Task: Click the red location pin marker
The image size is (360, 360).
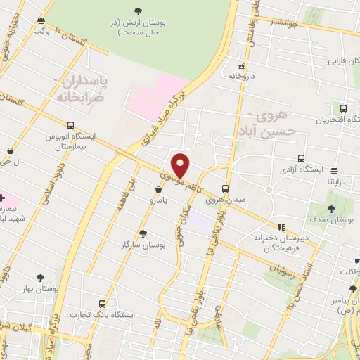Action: pyautogui.click(x=181, y=165)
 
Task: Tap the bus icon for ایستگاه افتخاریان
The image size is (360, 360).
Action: pyautogui.click(x=343, y=108)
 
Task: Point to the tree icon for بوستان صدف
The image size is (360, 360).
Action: pyautogui.click(x=331, y=208)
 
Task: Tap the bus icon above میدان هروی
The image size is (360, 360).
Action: pyautogui.click(x=226, y=188)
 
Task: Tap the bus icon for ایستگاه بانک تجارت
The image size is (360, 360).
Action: pyautogui.click(x=103, y=304)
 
